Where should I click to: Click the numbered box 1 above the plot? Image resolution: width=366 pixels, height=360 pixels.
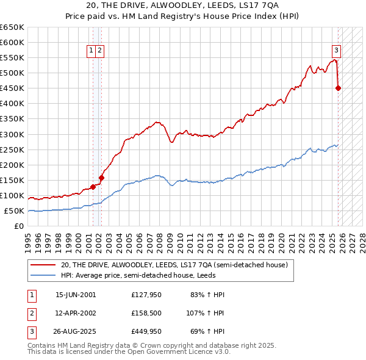tap(91, 51)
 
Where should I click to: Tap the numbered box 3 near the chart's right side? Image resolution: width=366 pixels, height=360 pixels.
tap(336, 51)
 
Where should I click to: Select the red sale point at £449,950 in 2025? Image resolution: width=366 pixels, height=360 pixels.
tap(339, 88)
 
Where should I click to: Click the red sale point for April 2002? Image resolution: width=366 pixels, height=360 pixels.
tap(101, 178)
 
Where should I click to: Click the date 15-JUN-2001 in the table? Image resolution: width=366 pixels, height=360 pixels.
tap(76, 295)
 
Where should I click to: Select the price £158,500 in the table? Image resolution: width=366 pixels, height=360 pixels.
tap(147, 313)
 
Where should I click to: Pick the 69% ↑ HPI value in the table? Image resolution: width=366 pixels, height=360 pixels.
tap(207, 331)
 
